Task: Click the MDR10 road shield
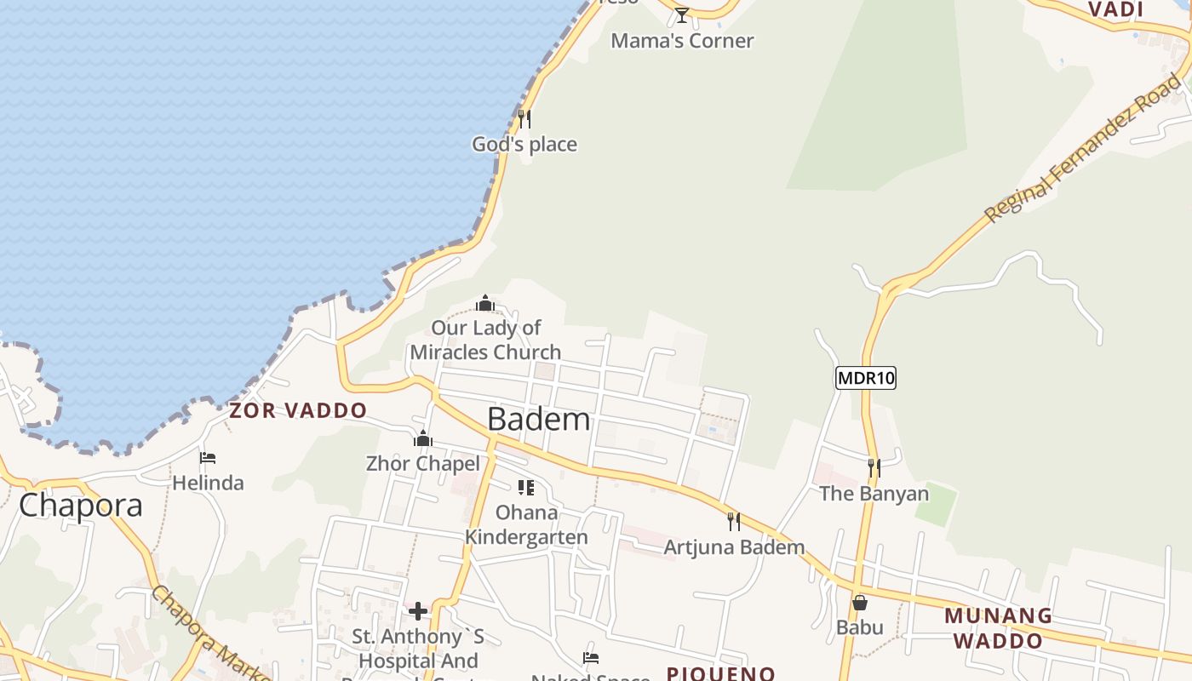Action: (x=866, y=378)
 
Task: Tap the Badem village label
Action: (x=539, y=419)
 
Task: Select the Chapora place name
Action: (x=81, y=505)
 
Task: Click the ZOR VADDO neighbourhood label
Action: (x=298, y=410)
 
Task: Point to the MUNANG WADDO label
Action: (x=998, y=627)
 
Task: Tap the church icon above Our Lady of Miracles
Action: (x=485, y=303)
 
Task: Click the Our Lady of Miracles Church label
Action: (x=485, y=340)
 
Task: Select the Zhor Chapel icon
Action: (x=423, y=439)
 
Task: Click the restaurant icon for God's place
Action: (x=524, y=119)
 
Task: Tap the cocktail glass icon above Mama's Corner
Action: (x=681, y=15)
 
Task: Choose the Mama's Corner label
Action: (x=682, y=41)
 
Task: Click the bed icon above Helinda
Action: (x=208, y=458)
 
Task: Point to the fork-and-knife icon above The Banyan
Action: (x=874, y=468)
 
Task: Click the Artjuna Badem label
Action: (x=734, y=547)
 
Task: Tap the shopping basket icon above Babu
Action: (x=860, y=603)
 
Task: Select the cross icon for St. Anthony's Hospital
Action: (x=418, y=611)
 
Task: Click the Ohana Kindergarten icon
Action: (x=526, y=487)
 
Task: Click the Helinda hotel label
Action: (x=208, y=483)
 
